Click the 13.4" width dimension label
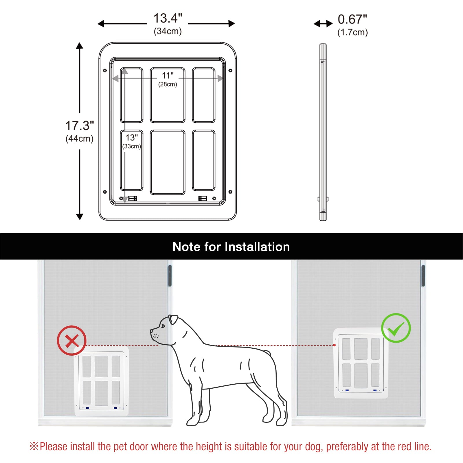[x=168, y=18]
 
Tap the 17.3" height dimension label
[x=80, y=126]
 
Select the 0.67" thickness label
[x=352, y=19]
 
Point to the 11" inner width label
[x=168, y=76]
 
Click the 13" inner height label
[x=132, y=137]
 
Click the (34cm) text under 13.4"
[x=168, y=31]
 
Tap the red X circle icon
[x=71, y=341]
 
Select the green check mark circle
[x=396, y=328]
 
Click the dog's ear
[x=173, y=319]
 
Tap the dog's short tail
[x=268, y=353]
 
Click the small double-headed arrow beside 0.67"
[x=323, y=24]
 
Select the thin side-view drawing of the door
[x=323, y=132]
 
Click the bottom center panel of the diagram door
[x=168, y=162]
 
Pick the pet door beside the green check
[x=361, y=363]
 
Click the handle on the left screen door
[x=170, y=275]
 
